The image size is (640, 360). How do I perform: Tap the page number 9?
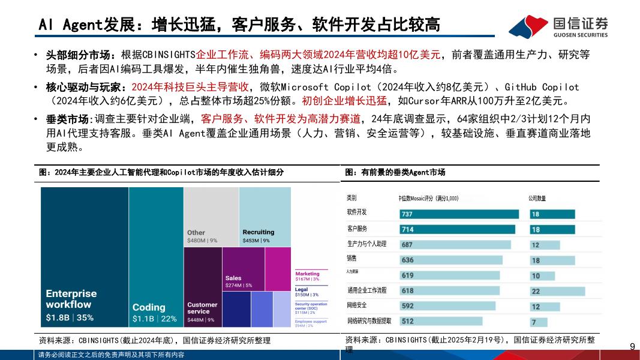point(632,347)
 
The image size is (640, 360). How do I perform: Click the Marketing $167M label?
point(308,276)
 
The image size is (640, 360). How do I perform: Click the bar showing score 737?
point(459,214)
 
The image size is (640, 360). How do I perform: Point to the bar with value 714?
point(457,229)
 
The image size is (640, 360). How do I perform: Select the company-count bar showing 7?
point(537,321)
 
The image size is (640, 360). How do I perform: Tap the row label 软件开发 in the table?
point(357,212)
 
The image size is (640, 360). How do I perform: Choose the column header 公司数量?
point(537,197)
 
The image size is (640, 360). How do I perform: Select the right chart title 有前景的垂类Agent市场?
point(396,173)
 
